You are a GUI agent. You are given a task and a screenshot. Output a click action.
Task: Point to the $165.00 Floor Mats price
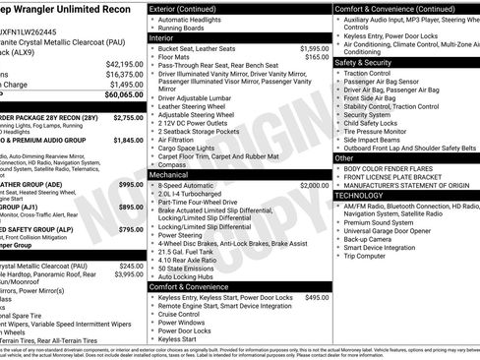(x=318, y=57)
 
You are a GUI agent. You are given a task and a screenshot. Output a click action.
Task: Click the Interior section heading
(x=166, y=36)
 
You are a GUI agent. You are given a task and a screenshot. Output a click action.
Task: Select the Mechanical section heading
(x=174, y=174)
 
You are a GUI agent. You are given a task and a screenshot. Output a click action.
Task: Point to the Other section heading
(x=345, y=157)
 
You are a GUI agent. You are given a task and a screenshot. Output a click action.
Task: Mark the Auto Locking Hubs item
(x=190, y=276)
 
